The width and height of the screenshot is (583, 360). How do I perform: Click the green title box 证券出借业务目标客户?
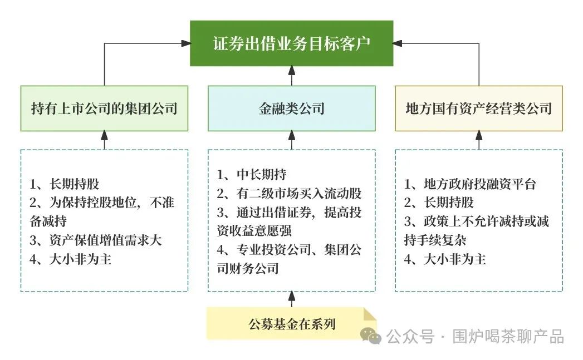291,43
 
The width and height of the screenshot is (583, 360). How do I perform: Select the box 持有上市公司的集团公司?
104,108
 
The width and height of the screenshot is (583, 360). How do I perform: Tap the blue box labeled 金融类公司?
291,108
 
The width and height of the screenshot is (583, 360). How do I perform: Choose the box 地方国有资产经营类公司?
479,108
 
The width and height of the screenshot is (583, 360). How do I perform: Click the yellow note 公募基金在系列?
291,323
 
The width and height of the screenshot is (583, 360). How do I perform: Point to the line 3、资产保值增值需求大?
96,240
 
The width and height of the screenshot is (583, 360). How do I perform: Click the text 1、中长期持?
252,175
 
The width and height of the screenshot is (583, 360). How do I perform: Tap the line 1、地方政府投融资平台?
470,184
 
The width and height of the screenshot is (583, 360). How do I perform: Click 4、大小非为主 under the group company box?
71,259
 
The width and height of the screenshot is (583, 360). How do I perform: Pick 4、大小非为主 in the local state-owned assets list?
445,259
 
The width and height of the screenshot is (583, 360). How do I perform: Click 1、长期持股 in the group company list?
64,184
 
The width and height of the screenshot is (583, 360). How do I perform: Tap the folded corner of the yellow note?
370,314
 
